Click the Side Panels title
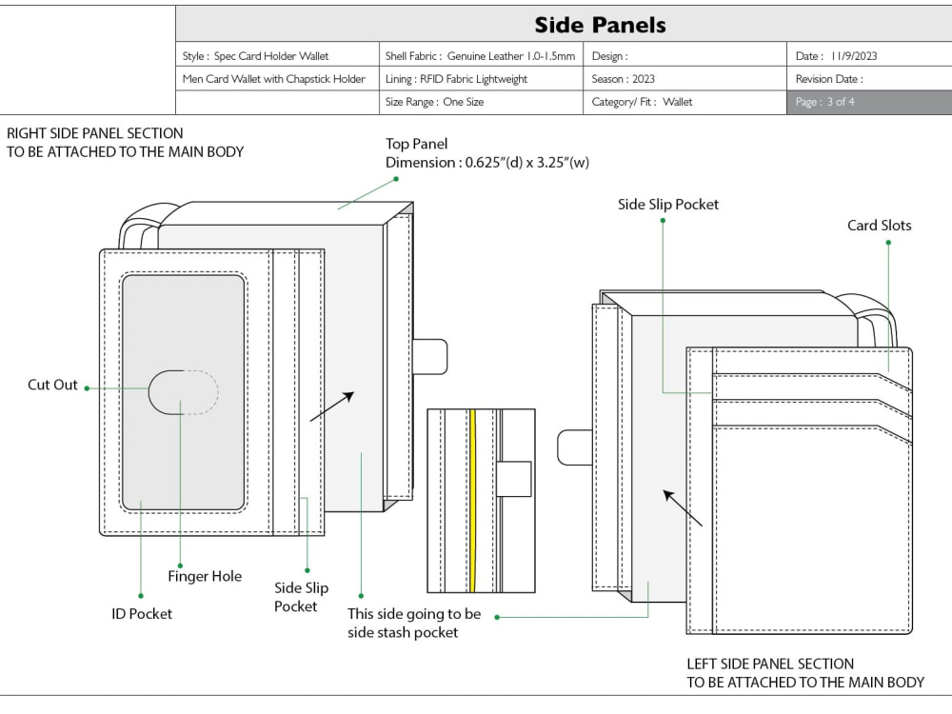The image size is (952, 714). point(600,25)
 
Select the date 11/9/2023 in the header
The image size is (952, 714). point(854,56)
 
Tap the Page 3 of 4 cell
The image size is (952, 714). point(869,102)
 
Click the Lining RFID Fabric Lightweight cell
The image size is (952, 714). point(481,79)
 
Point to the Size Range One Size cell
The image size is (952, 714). point(481,102)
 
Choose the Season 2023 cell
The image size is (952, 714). point(684,79)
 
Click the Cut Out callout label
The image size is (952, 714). point(52,385)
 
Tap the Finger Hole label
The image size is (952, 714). point(205,576)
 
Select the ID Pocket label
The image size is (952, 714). point(142,614)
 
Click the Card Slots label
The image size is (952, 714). point(879,226)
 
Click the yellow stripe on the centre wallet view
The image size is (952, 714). point(472,501)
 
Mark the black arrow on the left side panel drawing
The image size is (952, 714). point(683,507)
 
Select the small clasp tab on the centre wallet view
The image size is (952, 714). point(514,480)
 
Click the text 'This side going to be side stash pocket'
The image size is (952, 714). point(414,623)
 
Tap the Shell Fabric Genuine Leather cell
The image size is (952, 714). point(481,56)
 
